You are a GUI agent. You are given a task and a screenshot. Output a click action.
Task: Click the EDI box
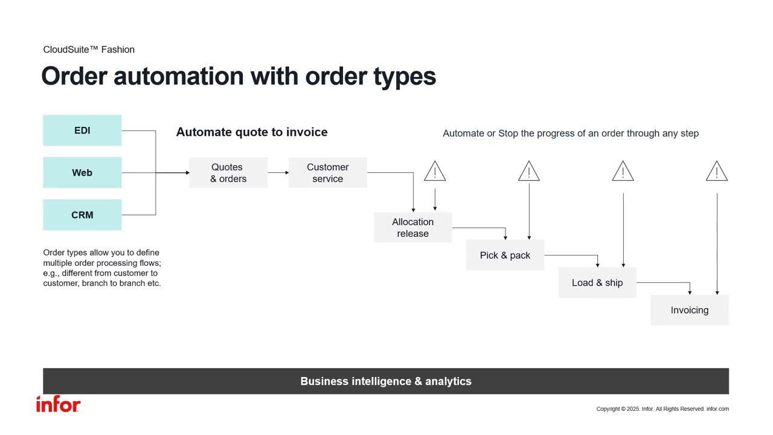click(x=82, y=130)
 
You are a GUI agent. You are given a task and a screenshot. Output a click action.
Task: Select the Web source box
click(x=82, y=173)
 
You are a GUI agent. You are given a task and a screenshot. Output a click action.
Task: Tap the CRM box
click(x=82, y=215)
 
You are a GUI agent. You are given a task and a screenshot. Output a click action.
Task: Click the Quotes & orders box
click(x=228, y=173)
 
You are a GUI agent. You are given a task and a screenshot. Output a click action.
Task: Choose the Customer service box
click(x=327, y=173)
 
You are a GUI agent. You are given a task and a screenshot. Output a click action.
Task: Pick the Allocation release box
click(x=412, y=228)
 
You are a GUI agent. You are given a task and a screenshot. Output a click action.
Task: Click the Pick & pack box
click(x=505, y=255)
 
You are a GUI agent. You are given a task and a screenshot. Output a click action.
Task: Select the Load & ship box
click(x=597, y=283)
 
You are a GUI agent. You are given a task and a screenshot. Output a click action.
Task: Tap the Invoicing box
click(x=690, y=310)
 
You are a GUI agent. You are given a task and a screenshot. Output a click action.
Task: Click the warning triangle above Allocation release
click(x=435, y=172)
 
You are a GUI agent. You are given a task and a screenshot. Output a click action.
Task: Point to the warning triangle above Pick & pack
click(x=529, y=172)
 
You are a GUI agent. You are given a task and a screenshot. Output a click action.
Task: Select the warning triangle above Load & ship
click(x=623, y=172)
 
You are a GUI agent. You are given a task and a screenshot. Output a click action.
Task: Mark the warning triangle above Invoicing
click(x=717, y=172)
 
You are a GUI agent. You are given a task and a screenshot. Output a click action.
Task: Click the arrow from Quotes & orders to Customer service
click(x=278, y=173)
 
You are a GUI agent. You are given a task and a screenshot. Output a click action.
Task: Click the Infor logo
click(x=58, y=405)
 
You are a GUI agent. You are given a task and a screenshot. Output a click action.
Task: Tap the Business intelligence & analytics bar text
click(x=386, y=381)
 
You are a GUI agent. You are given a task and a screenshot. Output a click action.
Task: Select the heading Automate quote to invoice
click(x=252, y=132)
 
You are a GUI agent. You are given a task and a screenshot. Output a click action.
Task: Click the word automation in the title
click(x=179, y=76)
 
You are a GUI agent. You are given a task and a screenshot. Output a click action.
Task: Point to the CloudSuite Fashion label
click(x=89, y=50)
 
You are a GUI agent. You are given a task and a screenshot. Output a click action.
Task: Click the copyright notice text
click(x=662, y=409)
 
